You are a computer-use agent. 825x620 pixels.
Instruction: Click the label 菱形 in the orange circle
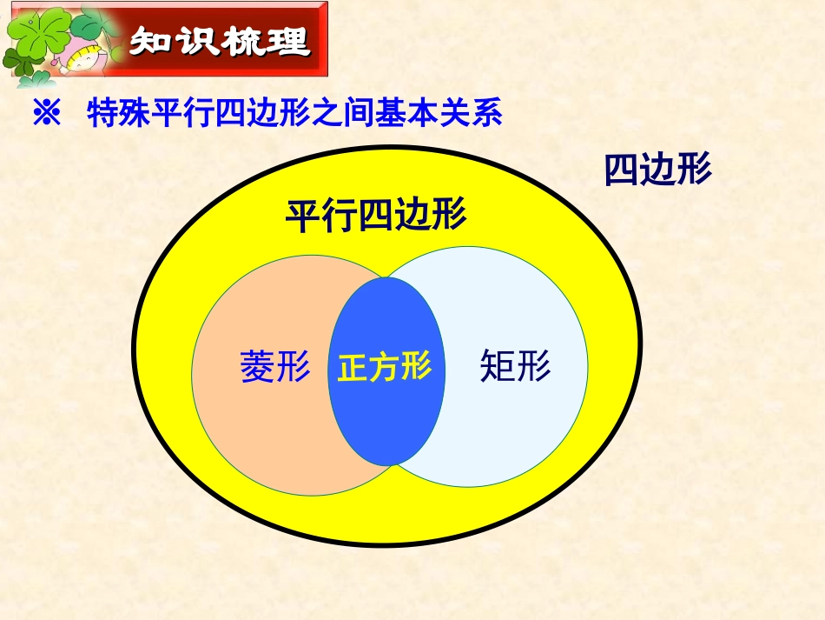275,367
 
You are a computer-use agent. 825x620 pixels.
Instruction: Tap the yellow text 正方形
385,367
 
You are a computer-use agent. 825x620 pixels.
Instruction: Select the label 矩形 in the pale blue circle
515,367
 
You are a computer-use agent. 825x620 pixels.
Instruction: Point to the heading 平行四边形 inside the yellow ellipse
376,216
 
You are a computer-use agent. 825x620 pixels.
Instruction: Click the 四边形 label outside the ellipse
657,170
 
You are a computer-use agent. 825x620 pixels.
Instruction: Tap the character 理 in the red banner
288,42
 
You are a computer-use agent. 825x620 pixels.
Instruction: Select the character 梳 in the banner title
242,42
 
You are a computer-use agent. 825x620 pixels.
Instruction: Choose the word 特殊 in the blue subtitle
118,115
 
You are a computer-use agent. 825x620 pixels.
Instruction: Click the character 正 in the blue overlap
353,367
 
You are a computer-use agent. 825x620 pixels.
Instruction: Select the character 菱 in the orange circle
257,367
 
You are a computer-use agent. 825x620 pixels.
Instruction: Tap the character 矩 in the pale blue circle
497,367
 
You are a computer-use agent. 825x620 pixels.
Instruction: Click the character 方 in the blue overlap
385,367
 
